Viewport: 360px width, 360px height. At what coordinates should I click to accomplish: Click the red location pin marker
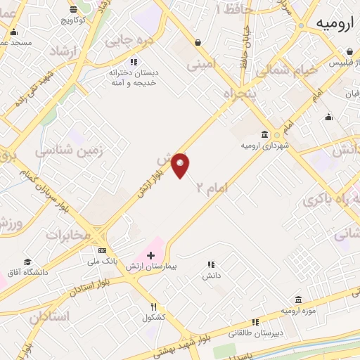point(181,165)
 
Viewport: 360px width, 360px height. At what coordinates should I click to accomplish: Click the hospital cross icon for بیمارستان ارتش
point(151,255)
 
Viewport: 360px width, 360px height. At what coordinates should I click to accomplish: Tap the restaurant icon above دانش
point(210,265)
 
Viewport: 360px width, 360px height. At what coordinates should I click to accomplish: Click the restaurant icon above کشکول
point(153,307)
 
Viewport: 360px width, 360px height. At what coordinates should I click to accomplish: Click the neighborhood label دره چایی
point(130,41)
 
